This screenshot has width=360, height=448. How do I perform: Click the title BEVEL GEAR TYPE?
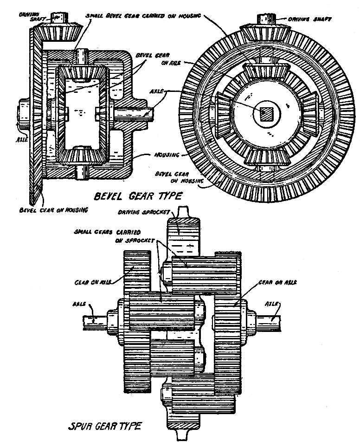(x=137, y=196)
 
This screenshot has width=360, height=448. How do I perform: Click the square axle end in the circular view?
(x=266, y=113)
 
